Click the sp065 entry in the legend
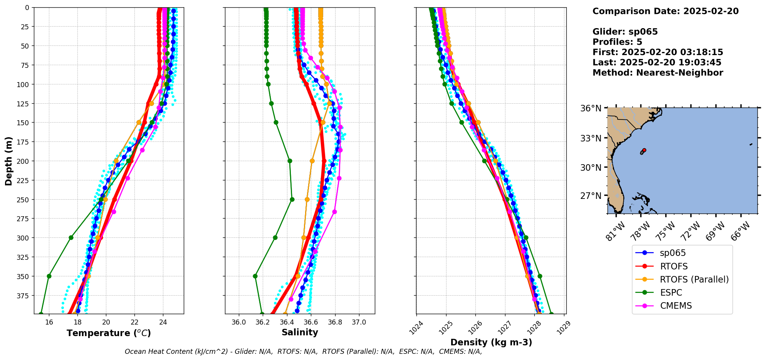coord(673,253)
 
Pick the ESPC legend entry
coord(671,293)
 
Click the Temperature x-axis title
coord(109,333)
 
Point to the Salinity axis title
coord(300,332)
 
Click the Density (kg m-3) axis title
coord(491,342)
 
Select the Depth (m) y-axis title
coord(8,161)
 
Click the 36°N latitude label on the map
coord(591,108)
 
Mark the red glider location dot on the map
coord(644,150)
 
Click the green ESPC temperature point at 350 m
coord(49,276)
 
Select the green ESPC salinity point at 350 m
coord(255,276)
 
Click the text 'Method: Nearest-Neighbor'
coord(658,73)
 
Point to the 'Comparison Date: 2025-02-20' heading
coord(665,11)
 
